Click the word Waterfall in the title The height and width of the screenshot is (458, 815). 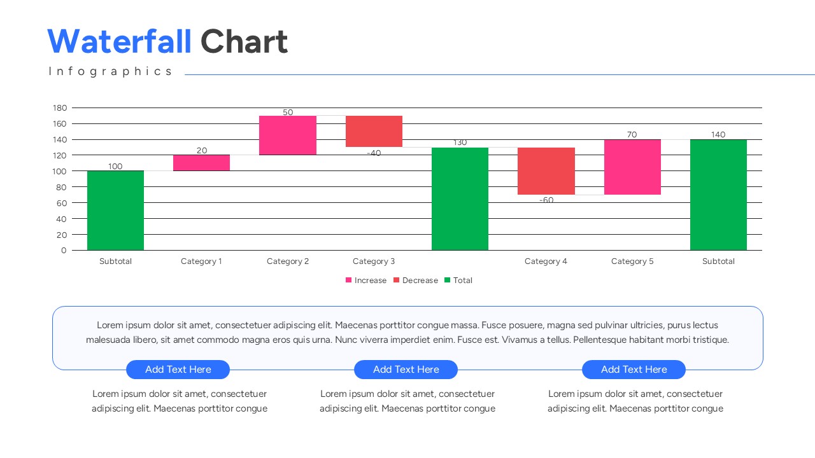pos(119,42)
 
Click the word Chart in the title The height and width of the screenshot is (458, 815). pos(244,42)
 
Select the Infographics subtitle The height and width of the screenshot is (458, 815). pos(110,71)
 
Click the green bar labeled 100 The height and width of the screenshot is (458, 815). pos(115,210)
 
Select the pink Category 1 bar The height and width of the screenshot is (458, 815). pos(201,163)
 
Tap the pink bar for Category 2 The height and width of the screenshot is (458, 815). pos(288,135)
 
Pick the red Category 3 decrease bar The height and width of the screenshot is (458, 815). pos(374,131)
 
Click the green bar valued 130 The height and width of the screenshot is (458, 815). pos(460,198)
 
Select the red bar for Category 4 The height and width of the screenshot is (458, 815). pos(546,170)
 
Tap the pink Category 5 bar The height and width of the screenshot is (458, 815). pos(632,167)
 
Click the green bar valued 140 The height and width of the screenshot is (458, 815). pos(718,195)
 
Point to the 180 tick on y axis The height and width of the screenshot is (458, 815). pos(60,108)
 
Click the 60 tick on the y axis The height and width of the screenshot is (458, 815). pos(61,203)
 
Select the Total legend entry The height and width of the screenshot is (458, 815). pos(458,281)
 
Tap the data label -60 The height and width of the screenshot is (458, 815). pos(546,200)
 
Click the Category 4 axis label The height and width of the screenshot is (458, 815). pos(546,261)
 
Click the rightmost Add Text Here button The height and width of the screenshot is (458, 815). pos(634,370)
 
